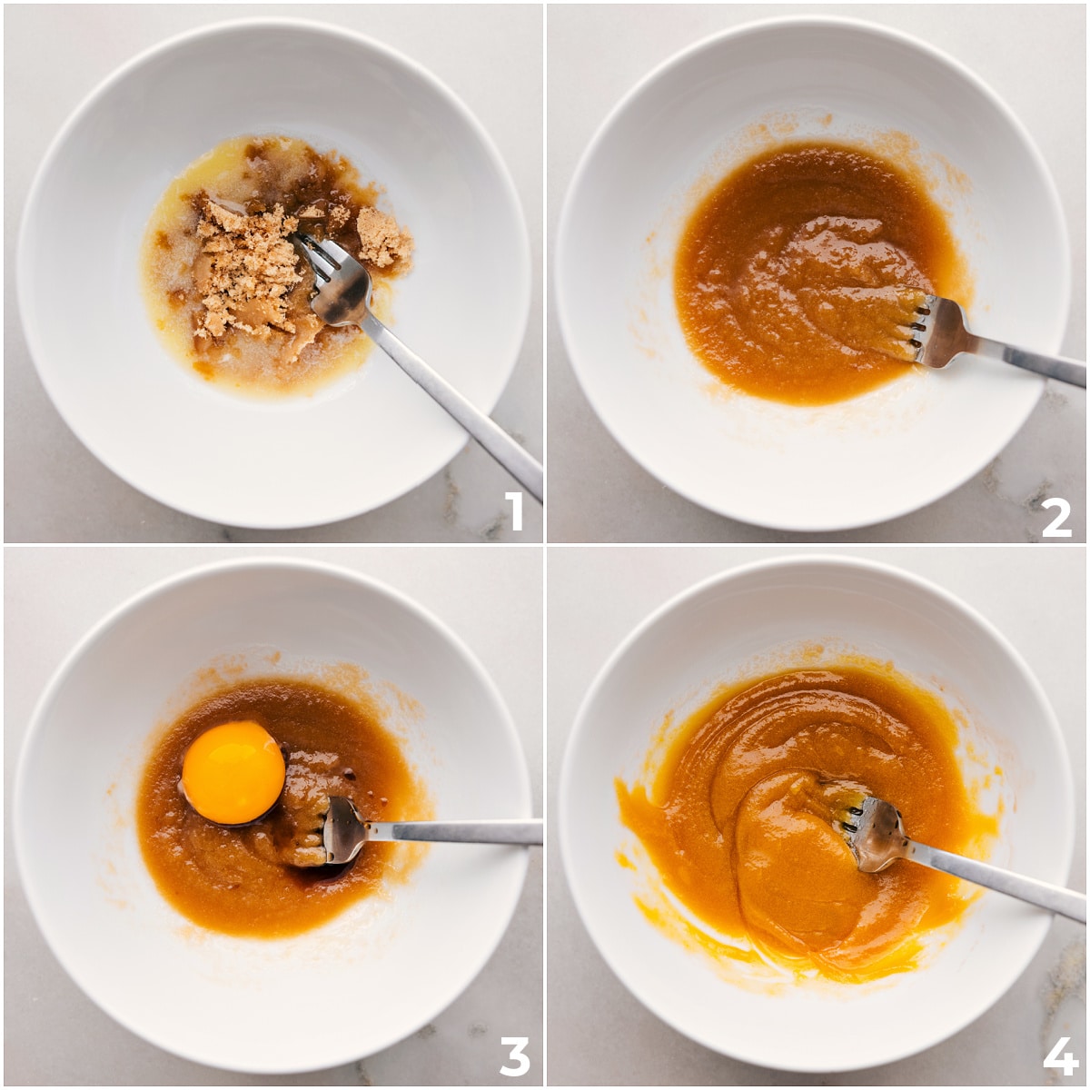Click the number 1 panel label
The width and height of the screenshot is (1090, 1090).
(514, 510)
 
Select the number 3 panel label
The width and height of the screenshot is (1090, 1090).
(514, 1056)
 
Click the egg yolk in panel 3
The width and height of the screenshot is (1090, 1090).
(233, 773)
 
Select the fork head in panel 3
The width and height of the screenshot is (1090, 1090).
(343, 830)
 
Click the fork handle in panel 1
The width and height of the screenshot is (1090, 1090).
(452, 406)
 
